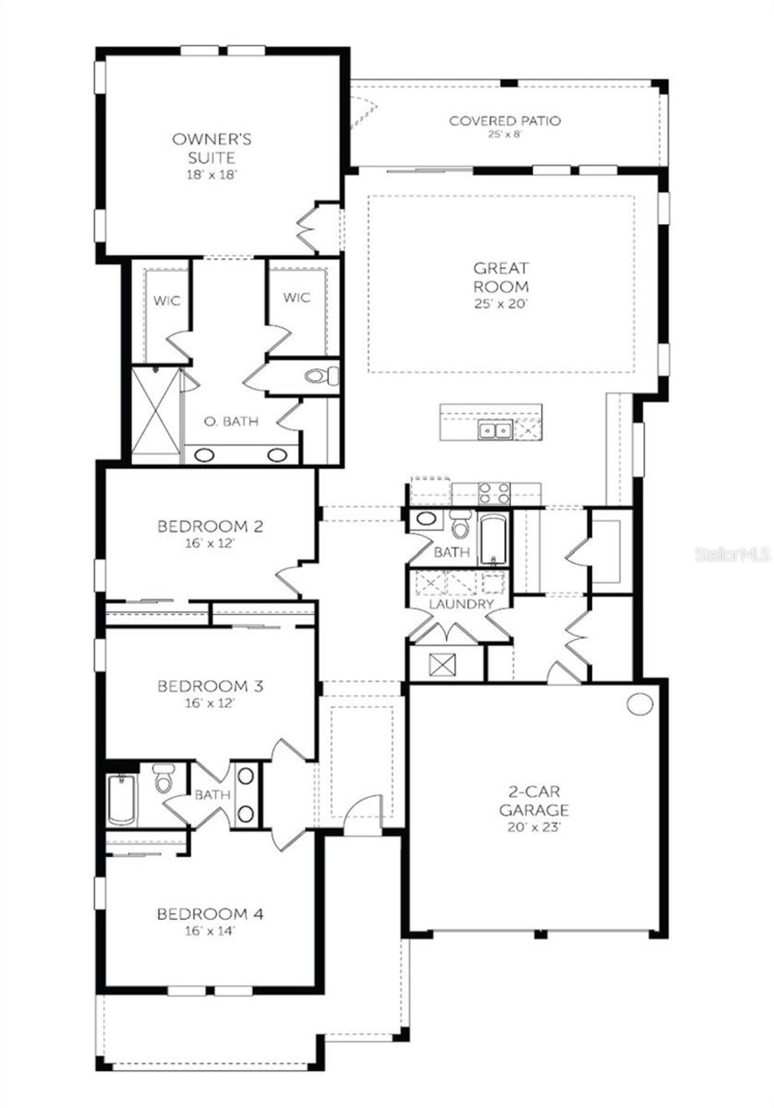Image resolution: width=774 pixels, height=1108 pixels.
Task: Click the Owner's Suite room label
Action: [212, 149]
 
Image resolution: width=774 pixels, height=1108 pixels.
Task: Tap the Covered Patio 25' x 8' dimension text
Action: [504, 134]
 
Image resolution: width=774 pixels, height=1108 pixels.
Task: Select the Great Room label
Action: [501, 277]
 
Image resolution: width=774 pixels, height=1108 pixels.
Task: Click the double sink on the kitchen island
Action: [495, 430]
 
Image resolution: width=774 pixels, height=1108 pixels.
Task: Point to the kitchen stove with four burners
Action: [494, 493]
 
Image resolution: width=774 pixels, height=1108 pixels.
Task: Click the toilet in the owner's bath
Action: [322, 376]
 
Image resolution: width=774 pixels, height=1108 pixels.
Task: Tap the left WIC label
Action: [166, 300]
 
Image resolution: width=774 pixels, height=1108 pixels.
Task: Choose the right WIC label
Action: [296, 297]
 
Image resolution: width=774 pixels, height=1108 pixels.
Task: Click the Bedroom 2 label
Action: [210, 526]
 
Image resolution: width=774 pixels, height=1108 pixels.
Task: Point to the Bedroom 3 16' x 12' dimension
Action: [210, 703]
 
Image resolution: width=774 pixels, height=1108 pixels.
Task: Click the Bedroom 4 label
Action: [210, 914]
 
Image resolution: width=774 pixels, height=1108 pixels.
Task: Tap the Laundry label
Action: [461, 604]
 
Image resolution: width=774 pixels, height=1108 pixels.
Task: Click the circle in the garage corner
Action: [640, 704]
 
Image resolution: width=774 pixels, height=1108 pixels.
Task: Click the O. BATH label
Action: [231, 421]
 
